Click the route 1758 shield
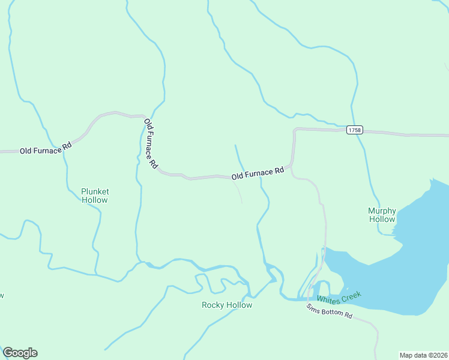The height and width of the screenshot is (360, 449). click(354, 130)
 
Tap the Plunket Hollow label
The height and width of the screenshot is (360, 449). click(95, 196)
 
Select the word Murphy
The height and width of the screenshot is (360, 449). click(382, 211)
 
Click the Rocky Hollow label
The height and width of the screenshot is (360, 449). click(227, 305)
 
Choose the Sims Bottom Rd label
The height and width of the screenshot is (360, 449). click(329, 311)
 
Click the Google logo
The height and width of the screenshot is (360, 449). click(20, 353)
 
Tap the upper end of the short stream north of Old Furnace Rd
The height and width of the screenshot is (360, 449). click(235, 145)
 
